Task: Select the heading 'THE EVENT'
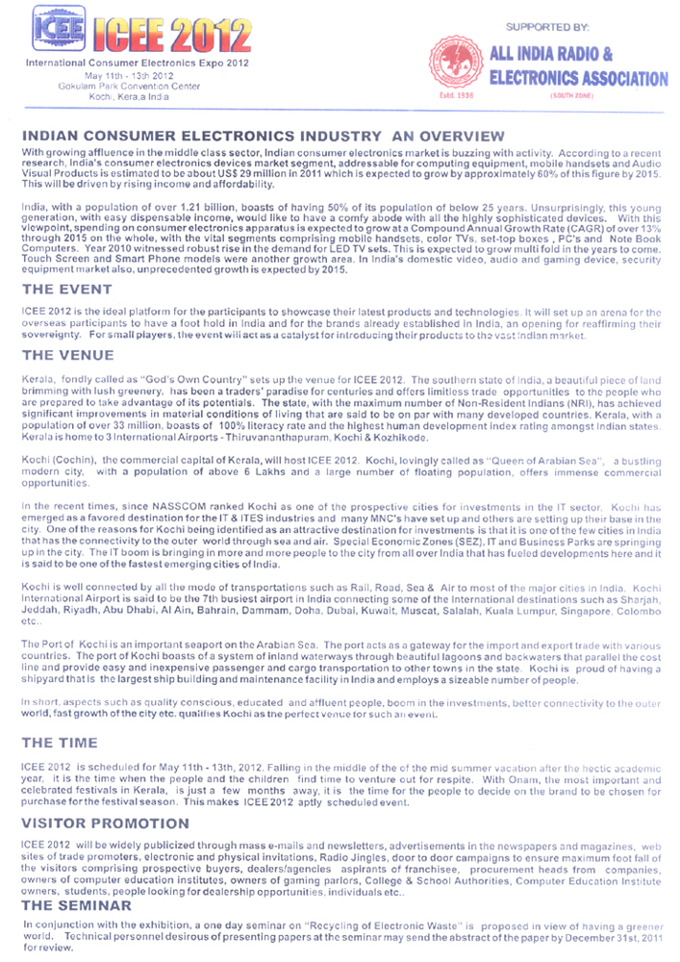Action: click(66, 289)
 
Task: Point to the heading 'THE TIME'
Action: click(60, 743)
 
